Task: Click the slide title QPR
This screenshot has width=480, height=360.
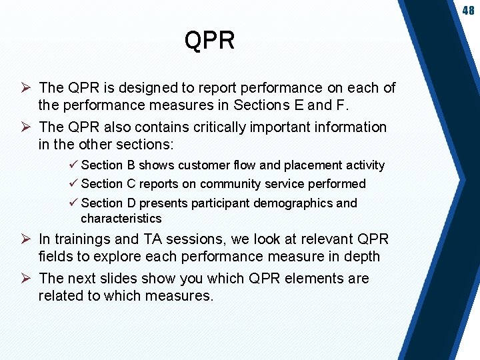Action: (209, 41)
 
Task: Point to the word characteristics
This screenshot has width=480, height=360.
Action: (121, 218)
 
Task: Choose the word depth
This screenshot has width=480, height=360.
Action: (362, 257)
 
